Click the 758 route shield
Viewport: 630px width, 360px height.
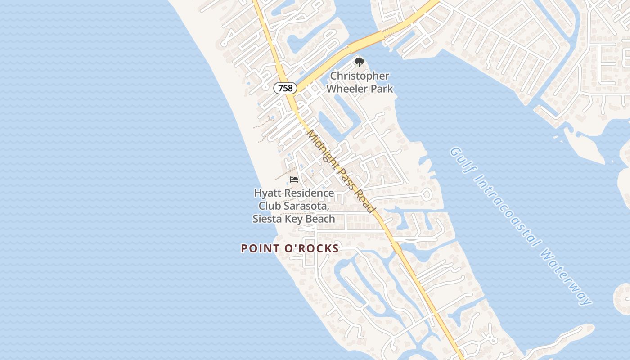coord(285,88)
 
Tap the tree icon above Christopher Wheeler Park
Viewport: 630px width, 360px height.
coord(359,63)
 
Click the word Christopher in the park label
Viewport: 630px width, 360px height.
coord(360,76)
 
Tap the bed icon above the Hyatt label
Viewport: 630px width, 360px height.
coord(294,180)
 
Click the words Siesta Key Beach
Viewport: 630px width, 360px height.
coord(294,219)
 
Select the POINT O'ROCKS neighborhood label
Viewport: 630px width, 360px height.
coord(290,248)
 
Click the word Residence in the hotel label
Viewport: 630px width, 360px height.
coord(310,193)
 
